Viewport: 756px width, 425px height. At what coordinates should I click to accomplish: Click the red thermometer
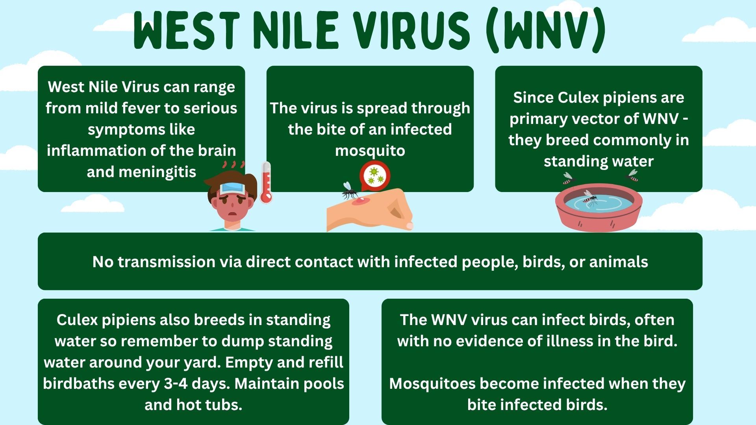[x=266, y=182]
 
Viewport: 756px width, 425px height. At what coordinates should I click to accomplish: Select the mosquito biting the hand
[x=349, y=190]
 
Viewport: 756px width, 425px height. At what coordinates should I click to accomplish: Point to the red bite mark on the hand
[x=360, y=201]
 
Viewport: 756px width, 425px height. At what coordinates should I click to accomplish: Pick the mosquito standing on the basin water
[x=589, y=198]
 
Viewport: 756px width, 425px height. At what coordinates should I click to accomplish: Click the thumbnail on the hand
[x=409, y=225]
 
